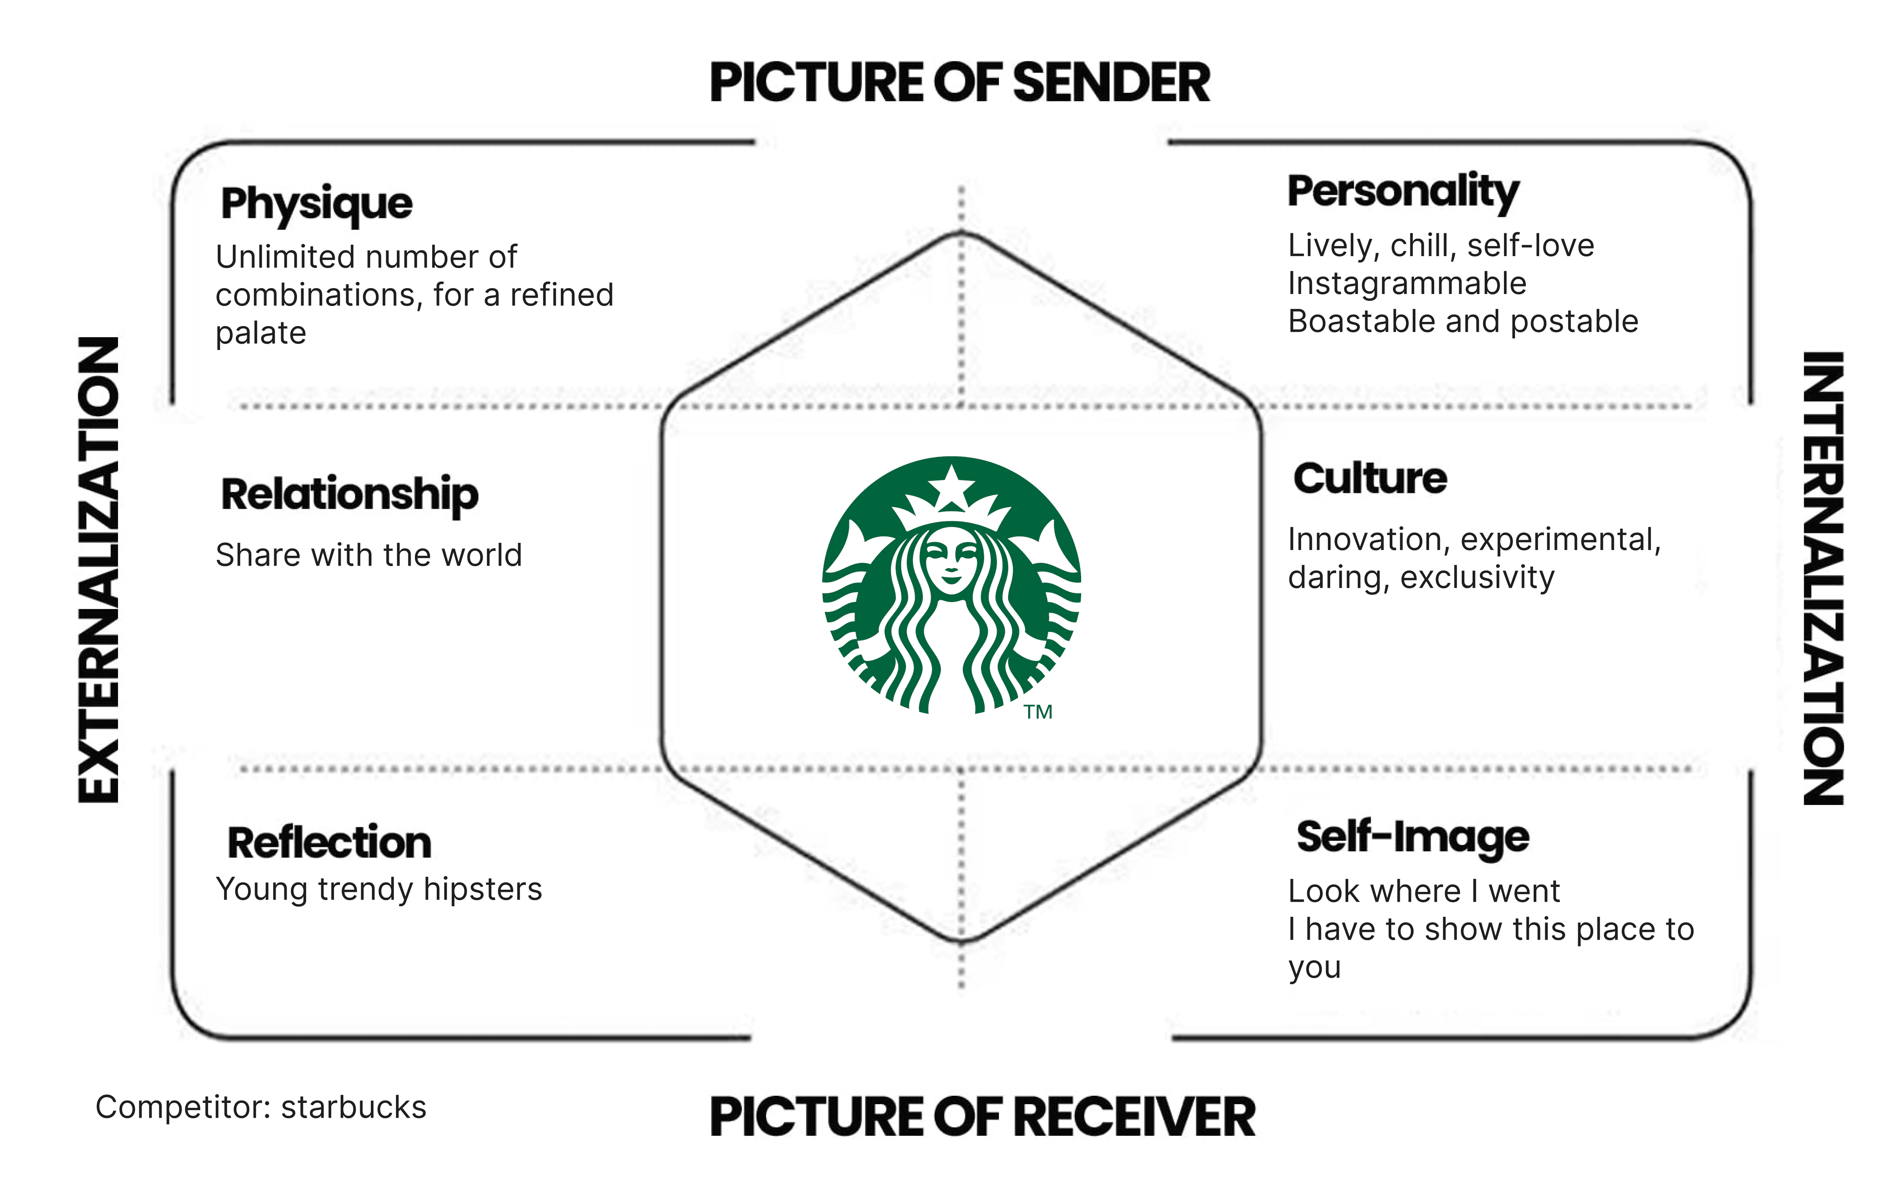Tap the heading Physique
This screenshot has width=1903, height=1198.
click(316, 204)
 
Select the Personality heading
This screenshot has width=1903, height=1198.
click(1403, 191)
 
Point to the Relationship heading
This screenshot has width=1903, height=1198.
click(349, 495)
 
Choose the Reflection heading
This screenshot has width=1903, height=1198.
click(329, 842)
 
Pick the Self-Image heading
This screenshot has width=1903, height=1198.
click(1412, 837)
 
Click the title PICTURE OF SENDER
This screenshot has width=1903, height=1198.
click(959, 82)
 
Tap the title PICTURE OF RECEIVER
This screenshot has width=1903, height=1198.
click(982, 1117)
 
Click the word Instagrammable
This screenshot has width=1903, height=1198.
click(1407, 283)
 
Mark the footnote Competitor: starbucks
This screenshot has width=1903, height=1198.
click(261, 1107)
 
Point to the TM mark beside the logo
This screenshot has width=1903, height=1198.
click(1037, 712)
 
